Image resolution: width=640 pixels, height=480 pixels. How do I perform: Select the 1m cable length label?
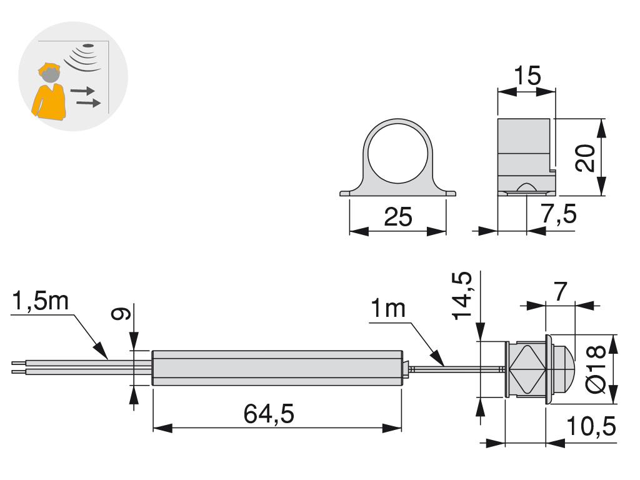pos(388,309)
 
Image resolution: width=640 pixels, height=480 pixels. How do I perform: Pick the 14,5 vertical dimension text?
pos(462,296)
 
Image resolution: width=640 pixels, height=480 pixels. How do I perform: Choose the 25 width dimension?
pos(398,217)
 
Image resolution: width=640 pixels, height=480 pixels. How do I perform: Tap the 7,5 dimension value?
pos(558,215)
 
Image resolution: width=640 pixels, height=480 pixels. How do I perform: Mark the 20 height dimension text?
pos(585,158)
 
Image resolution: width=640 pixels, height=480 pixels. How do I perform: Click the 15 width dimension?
pos(527,76)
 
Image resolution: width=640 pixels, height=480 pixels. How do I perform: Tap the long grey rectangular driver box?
pos(277,367)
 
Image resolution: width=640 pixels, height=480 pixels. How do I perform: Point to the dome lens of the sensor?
pos(564,369)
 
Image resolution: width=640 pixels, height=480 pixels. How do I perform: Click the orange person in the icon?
pos(50,94)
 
